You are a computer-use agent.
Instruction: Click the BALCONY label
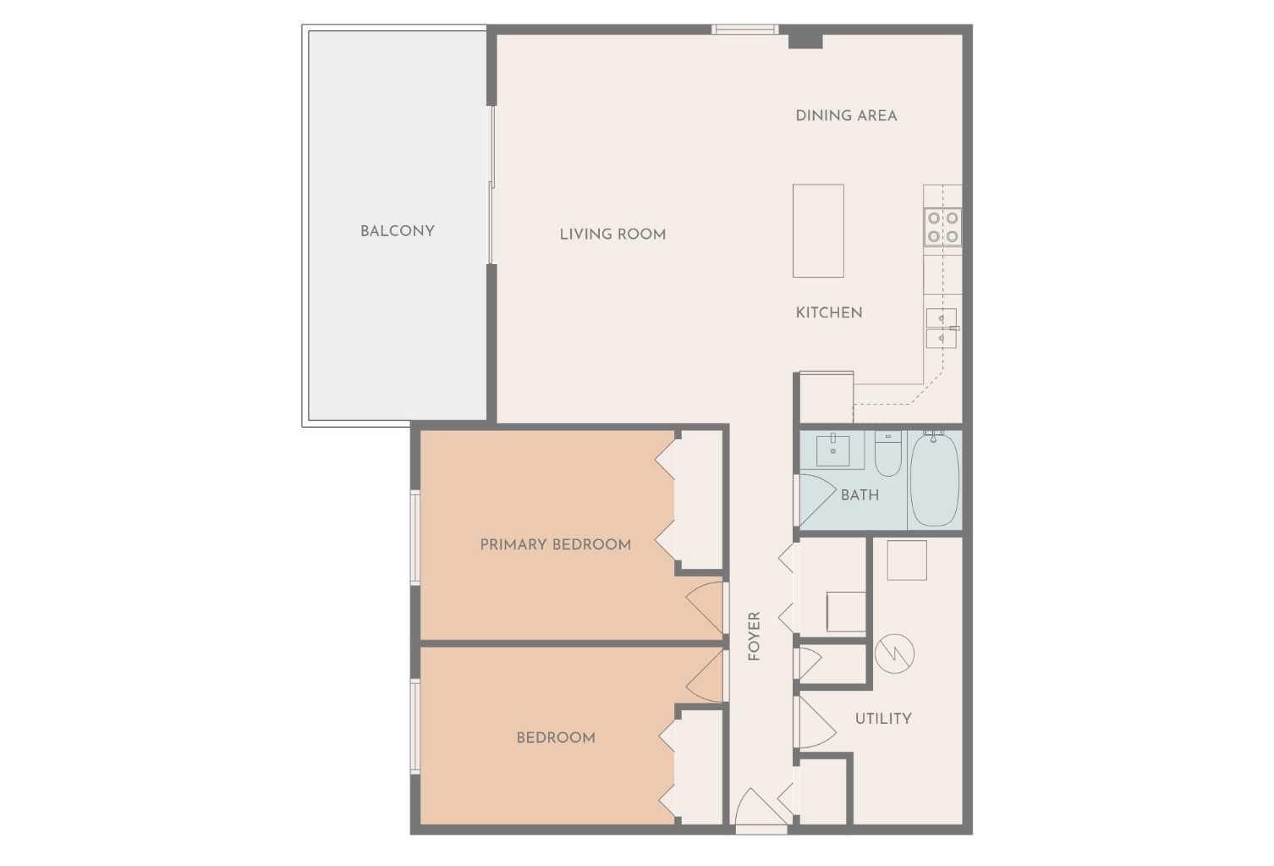[x=397, y=231]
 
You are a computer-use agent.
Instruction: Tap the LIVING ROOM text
[x=612, y=234]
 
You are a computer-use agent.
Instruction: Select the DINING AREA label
[x=846, y=116]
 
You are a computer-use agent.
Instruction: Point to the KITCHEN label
[x=829, y=312]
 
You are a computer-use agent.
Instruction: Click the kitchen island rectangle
[x=818, y=231]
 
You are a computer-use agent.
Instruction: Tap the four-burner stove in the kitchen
[x=942, y=226]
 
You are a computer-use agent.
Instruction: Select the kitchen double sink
[x=941, y=328]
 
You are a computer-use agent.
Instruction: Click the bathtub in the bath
[x=934, y=478]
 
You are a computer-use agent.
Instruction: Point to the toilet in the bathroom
[x=888, y=455]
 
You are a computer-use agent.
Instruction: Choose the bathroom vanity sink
[x=834, y=450]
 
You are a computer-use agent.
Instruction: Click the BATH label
[x=859, y=495]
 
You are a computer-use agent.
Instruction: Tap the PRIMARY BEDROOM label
[x=556, y=544]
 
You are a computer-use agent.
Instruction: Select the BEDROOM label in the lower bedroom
[x=556, y=737]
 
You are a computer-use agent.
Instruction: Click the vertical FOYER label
[x=755, y=636]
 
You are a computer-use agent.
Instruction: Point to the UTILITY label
[x=883, y=719]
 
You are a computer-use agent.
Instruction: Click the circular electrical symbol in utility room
[x=894, y=654]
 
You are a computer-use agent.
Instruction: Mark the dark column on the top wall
[x=805, y=38]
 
